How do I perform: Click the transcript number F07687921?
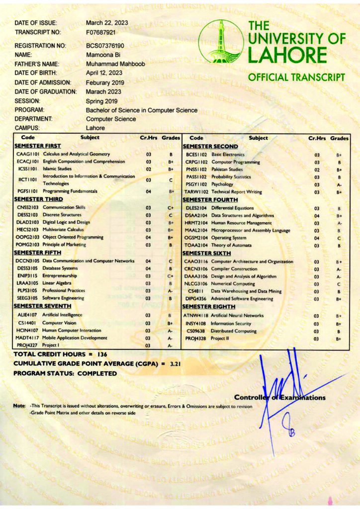100,32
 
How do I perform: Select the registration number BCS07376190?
105,46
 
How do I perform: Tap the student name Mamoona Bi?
102,55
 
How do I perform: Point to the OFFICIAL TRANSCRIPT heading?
296,77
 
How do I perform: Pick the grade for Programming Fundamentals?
171,191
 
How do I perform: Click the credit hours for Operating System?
317,238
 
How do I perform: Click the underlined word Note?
19,406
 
